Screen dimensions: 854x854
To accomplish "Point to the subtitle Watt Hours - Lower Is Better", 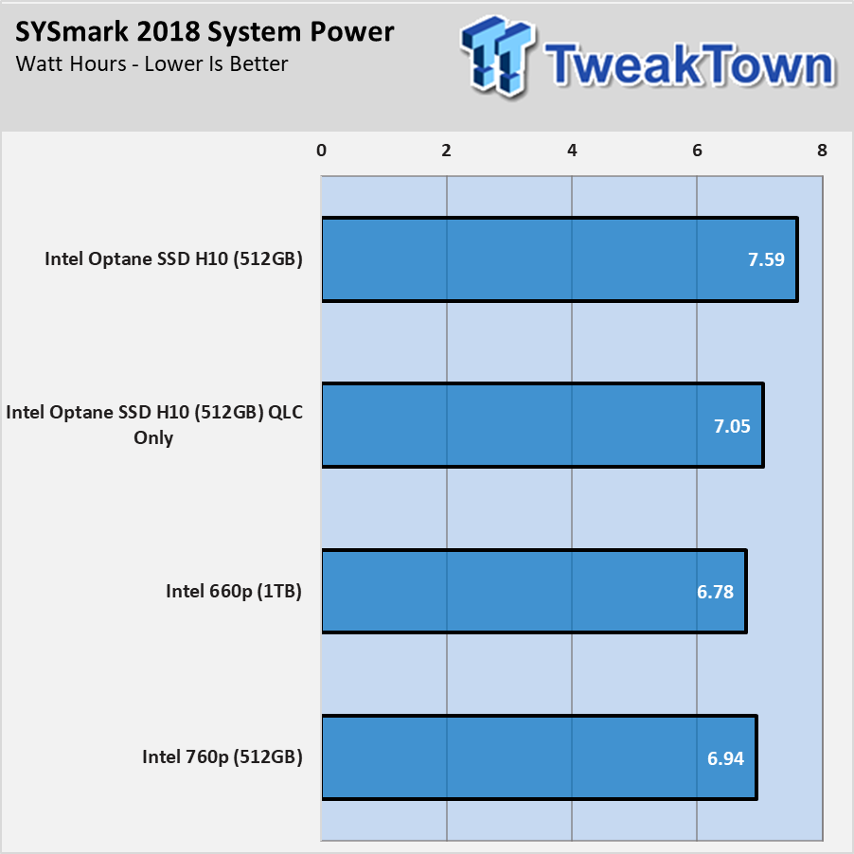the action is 151,64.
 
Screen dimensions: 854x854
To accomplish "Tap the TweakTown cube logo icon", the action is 496,56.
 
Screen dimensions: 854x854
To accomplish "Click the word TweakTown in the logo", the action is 690,65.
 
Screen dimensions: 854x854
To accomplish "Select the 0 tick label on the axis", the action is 321,151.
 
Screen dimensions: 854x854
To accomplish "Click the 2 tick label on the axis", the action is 447,151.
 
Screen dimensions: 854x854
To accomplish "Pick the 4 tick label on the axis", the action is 572,151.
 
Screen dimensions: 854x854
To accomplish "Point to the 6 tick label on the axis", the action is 697,151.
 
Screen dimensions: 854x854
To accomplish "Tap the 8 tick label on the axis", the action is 823,151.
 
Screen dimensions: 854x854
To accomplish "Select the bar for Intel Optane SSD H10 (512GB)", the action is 560,259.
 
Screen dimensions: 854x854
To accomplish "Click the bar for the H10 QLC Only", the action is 543,425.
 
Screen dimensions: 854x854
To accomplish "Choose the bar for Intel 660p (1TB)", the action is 534,592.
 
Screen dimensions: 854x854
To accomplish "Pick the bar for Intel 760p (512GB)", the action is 540,757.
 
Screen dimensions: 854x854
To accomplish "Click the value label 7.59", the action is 766,259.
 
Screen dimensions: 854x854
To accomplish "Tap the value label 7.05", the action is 732,426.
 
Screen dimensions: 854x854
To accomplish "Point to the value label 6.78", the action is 715,592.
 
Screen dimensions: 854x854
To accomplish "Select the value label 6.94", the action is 725,758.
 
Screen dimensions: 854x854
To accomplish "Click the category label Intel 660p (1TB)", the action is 234,592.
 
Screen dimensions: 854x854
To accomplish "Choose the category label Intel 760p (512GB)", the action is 222,757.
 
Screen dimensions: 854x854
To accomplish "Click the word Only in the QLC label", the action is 153,438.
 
